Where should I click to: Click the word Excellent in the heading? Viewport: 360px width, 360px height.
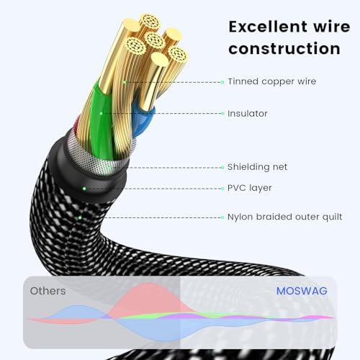pyautogui.click(x=269, y=27)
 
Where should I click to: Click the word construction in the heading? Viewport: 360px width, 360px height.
pyautogui.click(x=284, y=48)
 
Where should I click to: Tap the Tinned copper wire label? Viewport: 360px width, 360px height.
pyautogui.click(x=272, y=81)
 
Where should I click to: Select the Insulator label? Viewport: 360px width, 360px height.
pyautogui.click(x=248, y=114)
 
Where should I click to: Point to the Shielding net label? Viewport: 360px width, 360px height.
pyautogui.click(x=257, y=167)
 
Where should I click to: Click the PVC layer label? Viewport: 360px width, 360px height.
pyautogui.click(x=250, y=188)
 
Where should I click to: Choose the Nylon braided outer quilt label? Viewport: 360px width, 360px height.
pyautogui.click(x=284, y=217)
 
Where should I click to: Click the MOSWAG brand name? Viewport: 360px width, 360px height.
pyautogui.click(x=302, y=291)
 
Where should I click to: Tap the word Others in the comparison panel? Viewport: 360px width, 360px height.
pyautogui.click(x=48, y=291)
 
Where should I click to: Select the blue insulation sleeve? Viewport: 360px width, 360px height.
pyautogui.click(x=143, y=120)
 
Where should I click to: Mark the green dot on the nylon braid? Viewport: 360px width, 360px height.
pyautogui.click(x=80, y=217)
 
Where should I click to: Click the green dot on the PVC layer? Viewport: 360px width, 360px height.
pyautogui.click(x=84, y=189)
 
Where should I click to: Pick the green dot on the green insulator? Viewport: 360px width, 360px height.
pyautogui.click(x=101, y=114)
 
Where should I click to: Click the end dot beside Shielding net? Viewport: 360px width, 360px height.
pyautogui.click(x=222, y=168)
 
